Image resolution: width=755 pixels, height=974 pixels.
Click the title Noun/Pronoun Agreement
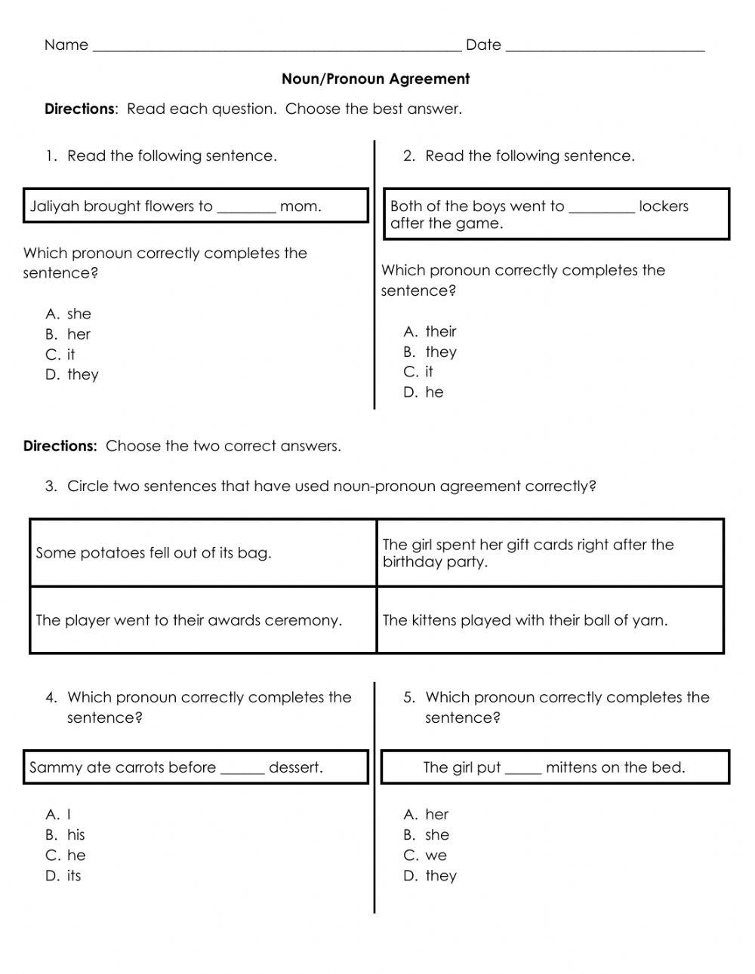pos(375,79)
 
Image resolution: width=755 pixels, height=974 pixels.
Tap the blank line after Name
pos(276,47)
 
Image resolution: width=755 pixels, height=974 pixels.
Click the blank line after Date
pos(605,47)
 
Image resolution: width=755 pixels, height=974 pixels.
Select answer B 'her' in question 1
pos(78,334)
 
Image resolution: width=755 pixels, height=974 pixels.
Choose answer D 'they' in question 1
pos(82,375)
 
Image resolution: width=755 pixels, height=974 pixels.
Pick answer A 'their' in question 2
pos(440,332)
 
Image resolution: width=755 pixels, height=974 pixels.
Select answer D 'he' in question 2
pos(434,392)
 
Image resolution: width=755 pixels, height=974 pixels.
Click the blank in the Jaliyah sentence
pos(246,208)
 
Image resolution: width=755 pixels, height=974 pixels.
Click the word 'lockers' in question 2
pos(663,207)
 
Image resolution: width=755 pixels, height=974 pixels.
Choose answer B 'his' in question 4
pos(75,835)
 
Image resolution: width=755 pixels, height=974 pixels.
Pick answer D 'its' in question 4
pos(73,876)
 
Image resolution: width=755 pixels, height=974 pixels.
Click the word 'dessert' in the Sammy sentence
pos(295,768)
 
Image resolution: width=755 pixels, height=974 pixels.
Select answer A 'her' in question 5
pos(436,815)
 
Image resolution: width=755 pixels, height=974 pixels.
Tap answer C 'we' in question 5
pos(436,856)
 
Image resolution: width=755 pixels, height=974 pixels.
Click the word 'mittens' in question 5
pos(572,768)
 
